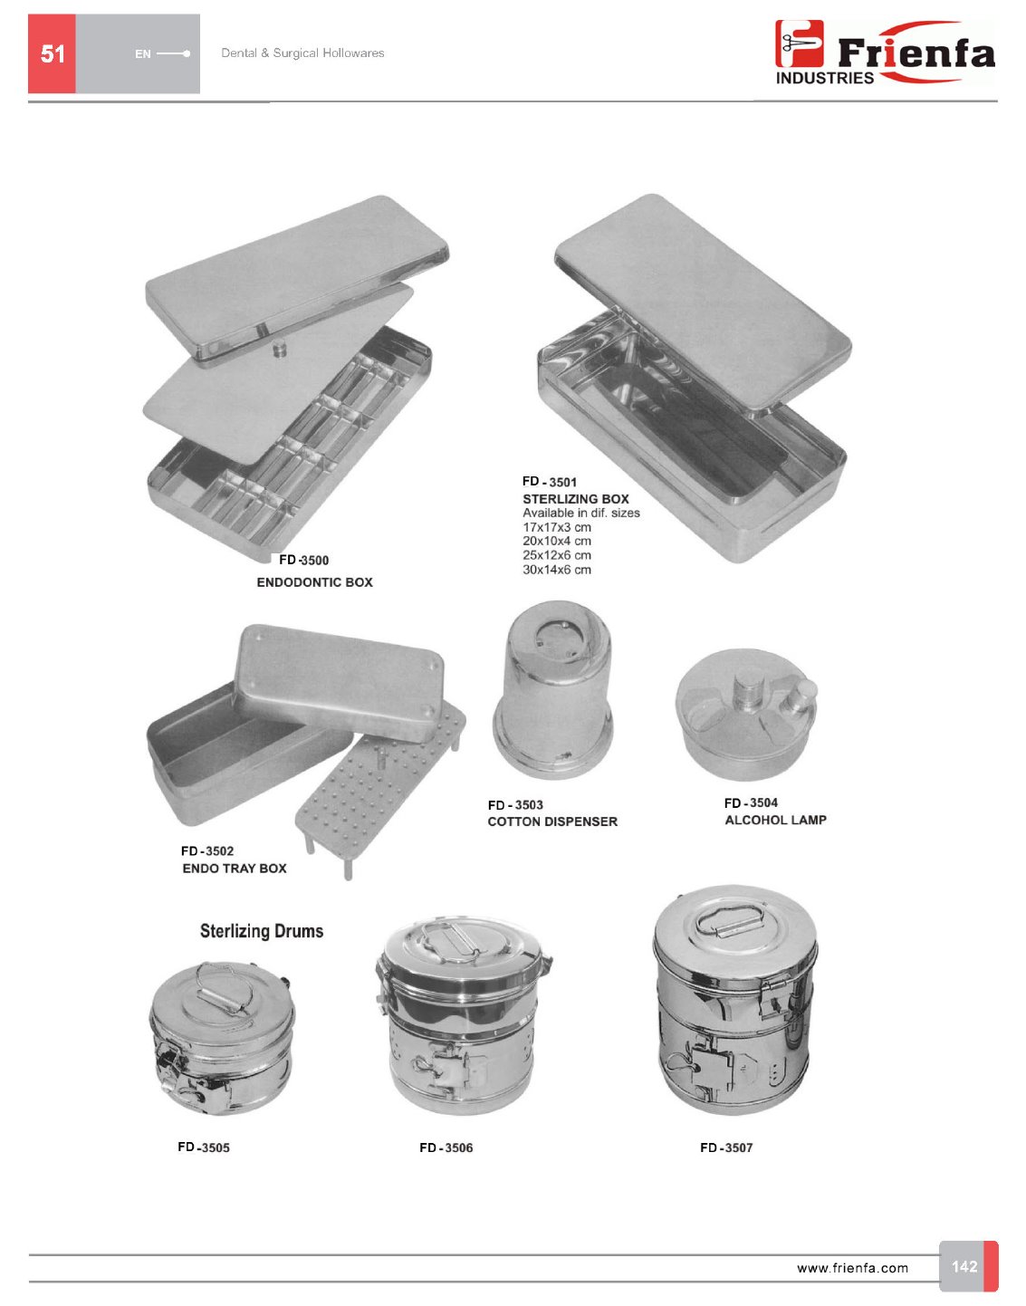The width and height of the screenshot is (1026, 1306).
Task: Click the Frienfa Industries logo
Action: [x=885, y=53]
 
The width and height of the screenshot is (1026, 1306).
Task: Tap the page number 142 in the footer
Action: [x=964, y=1266]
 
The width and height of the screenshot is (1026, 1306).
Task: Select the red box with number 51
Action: [x=52, y=53]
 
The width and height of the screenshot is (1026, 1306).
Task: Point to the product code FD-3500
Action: [x=304, y=560]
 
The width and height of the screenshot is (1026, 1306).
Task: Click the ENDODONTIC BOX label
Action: [x=315, y=582]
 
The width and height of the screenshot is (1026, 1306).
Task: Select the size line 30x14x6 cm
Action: [x=557, y=570]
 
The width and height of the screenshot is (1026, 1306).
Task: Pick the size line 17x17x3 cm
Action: [x=557, y=527]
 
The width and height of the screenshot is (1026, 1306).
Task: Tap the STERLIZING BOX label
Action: [x=575, y=499]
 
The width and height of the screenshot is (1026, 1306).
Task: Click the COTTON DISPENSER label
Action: [x=552, y=821]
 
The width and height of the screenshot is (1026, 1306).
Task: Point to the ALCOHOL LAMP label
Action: [x=775, y=820]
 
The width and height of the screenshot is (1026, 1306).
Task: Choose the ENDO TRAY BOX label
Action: [x=235, y=869]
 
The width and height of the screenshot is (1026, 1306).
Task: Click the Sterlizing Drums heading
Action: [x=262, y=931]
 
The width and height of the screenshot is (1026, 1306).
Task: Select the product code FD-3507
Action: [x=726, y=1148]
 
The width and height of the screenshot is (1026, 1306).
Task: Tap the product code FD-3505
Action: [x=204, y=1148]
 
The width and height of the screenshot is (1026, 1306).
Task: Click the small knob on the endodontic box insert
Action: [x=279, y=350]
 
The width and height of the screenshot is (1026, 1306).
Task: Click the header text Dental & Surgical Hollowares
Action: [x=302, y=53]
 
